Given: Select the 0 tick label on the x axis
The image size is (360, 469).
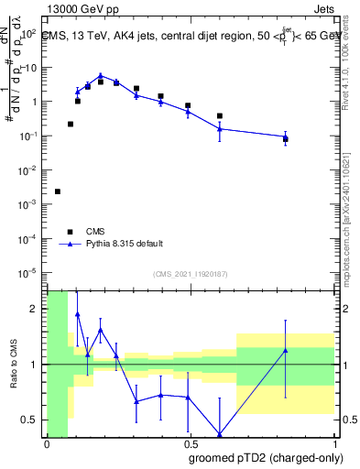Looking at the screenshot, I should tap(47, 443).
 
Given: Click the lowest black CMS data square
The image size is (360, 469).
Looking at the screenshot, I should tap(58, 191).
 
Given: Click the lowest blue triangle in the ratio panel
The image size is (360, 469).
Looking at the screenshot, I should tap(220, 434).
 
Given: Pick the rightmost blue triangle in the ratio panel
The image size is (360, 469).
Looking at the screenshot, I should tap(286, 350).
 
